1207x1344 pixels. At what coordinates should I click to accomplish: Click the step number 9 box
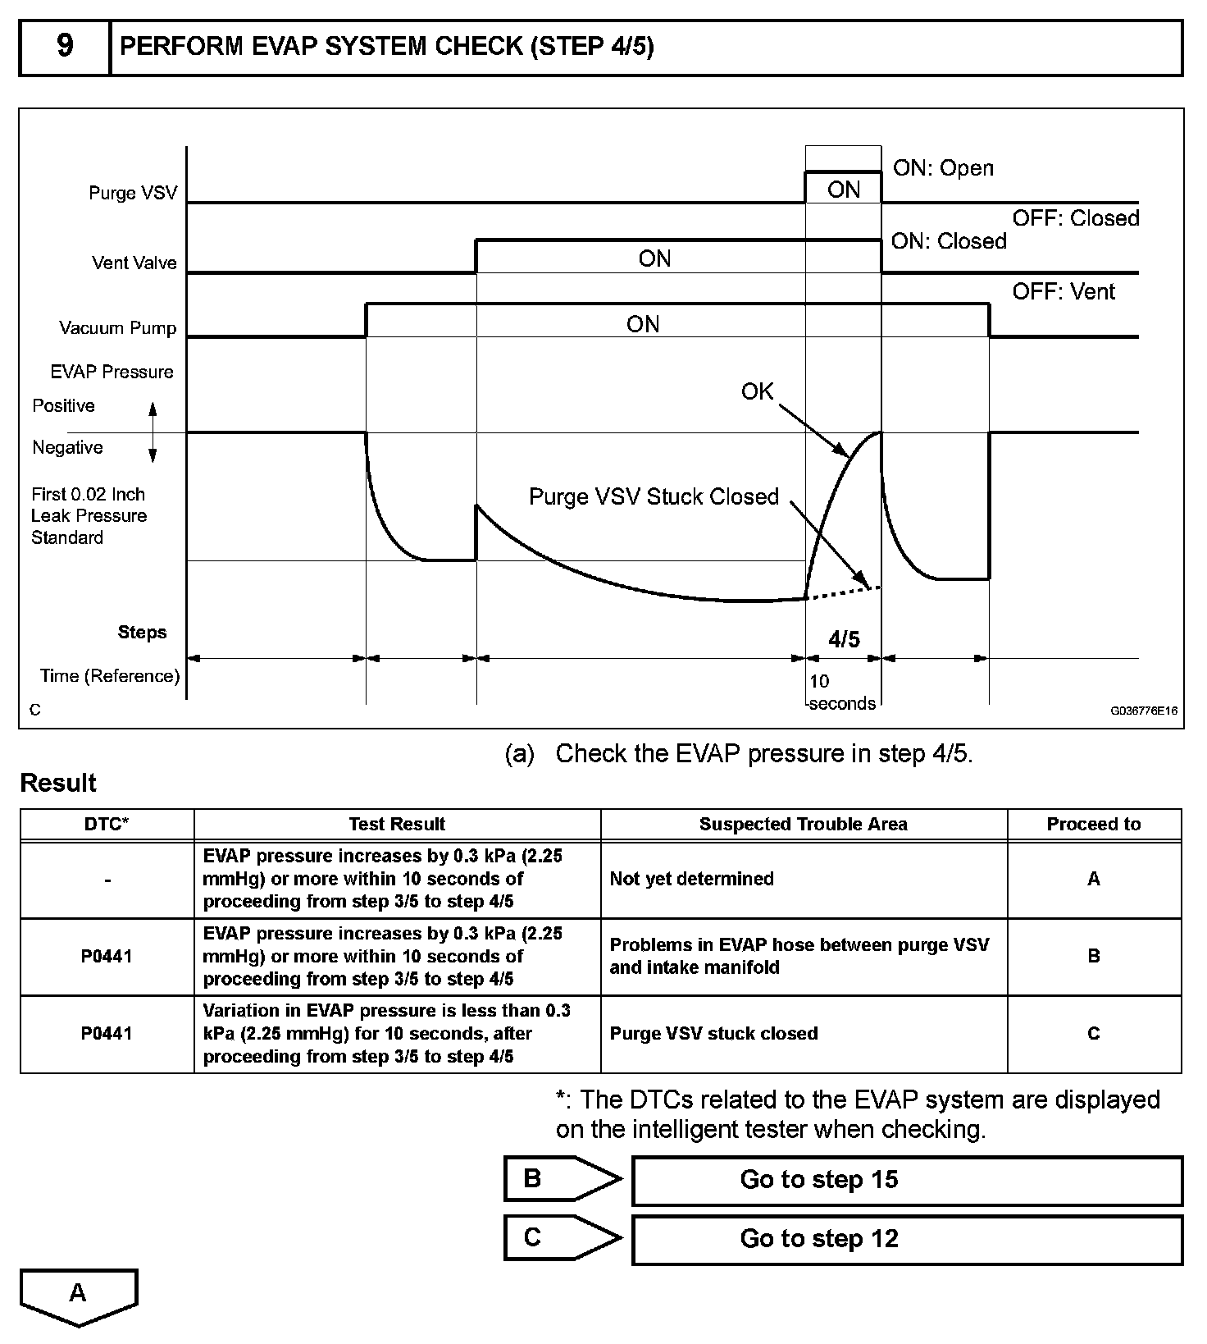[x=65, y=48]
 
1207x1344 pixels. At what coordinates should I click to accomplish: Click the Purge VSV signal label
[x=133, y=194]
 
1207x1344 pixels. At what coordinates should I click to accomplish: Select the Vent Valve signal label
[x=134, y=263]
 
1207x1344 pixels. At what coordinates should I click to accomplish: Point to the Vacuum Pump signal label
[x=118, y=328]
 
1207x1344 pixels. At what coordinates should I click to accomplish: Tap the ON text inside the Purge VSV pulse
[x=844, y=190]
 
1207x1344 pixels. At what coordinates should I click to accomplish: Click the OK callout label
[x=757, y=392]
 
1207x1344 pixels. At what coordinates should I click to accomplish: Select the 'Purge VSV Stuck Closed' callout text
[x=654, y=497]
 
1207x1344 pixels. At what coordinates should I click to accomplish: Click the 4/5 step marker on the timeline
[x=844, y=639]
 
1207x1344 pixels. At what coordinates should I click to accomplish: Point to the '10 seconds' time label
[x=840, y=693]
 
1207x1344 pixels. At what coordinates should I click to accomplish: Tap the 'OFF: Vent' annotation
[x=1064, y=292]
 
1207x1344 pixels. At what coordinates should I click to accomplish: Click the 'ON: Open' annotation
[x=943, y=168]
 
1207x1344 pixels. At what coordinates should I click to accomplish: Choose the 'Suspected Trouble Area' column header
[x=803, y=825]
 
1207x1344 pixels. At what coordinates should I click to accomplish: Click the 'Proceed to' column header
[x=1093, y=825]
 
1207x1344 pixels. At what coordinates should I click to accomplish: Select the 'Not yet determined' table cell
[x=691, y=879]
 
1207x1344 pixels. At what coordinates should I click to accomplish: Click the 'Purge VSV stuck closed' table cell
[x=713, y=1034]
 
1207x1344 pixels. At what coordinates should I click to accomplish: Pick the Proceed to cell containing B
[x=1093, y=957]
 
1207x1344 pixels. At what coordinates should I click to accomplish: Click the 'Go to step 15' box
[x=906, y=1180]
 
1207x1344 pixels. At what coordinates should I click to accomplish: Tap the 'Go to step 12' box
[x=906, y=1239]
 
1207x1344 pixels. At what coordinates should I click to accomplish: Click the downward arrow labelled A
[x=79, y=1296]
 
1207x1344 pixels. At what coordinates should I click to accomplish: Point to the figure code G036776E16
[x=1144, y=711]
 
